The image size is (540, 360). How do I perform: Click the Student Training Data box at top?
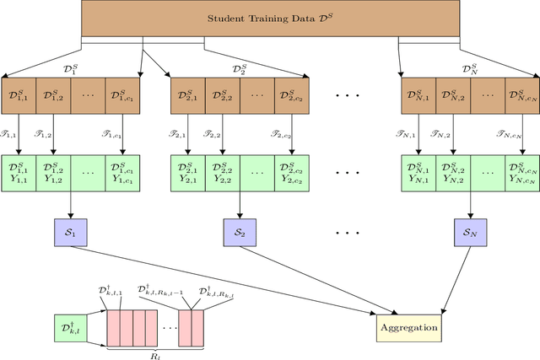pyautogui.click(x=269, y=18)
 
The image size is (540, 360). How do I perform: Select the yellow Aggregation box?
pyautogui.click(x=408, y=326)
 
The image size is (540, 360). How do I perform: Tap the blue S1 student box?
pyautogui.click(x=71, y=231)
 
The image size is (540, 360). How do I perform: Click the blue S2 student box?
pyautogui.click(x=240, y=231)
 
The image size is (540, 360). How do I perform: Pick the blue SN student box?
pyautogui.click(x=468, y=231)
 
